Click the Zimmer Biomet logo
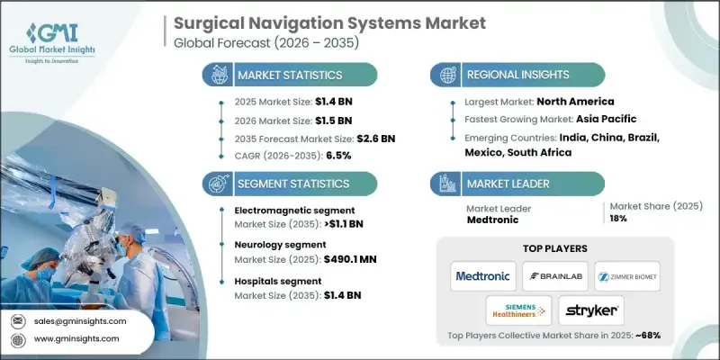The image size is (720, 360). click(626, 276)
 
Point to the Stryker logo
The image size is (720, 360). click(591, 310)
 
